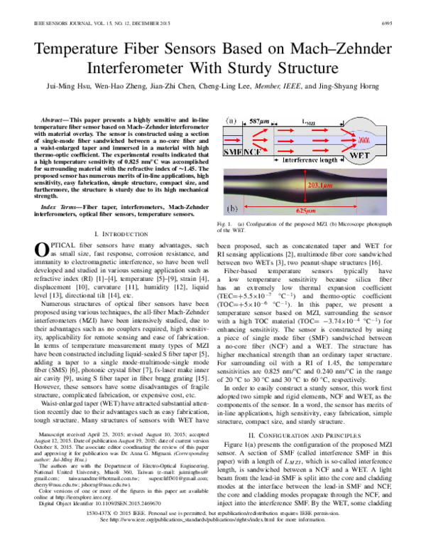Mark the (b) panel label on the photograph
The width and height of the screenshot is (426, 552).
[232, 211]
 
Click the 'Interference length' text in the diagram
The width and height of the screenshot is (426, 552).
[310, 161]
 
